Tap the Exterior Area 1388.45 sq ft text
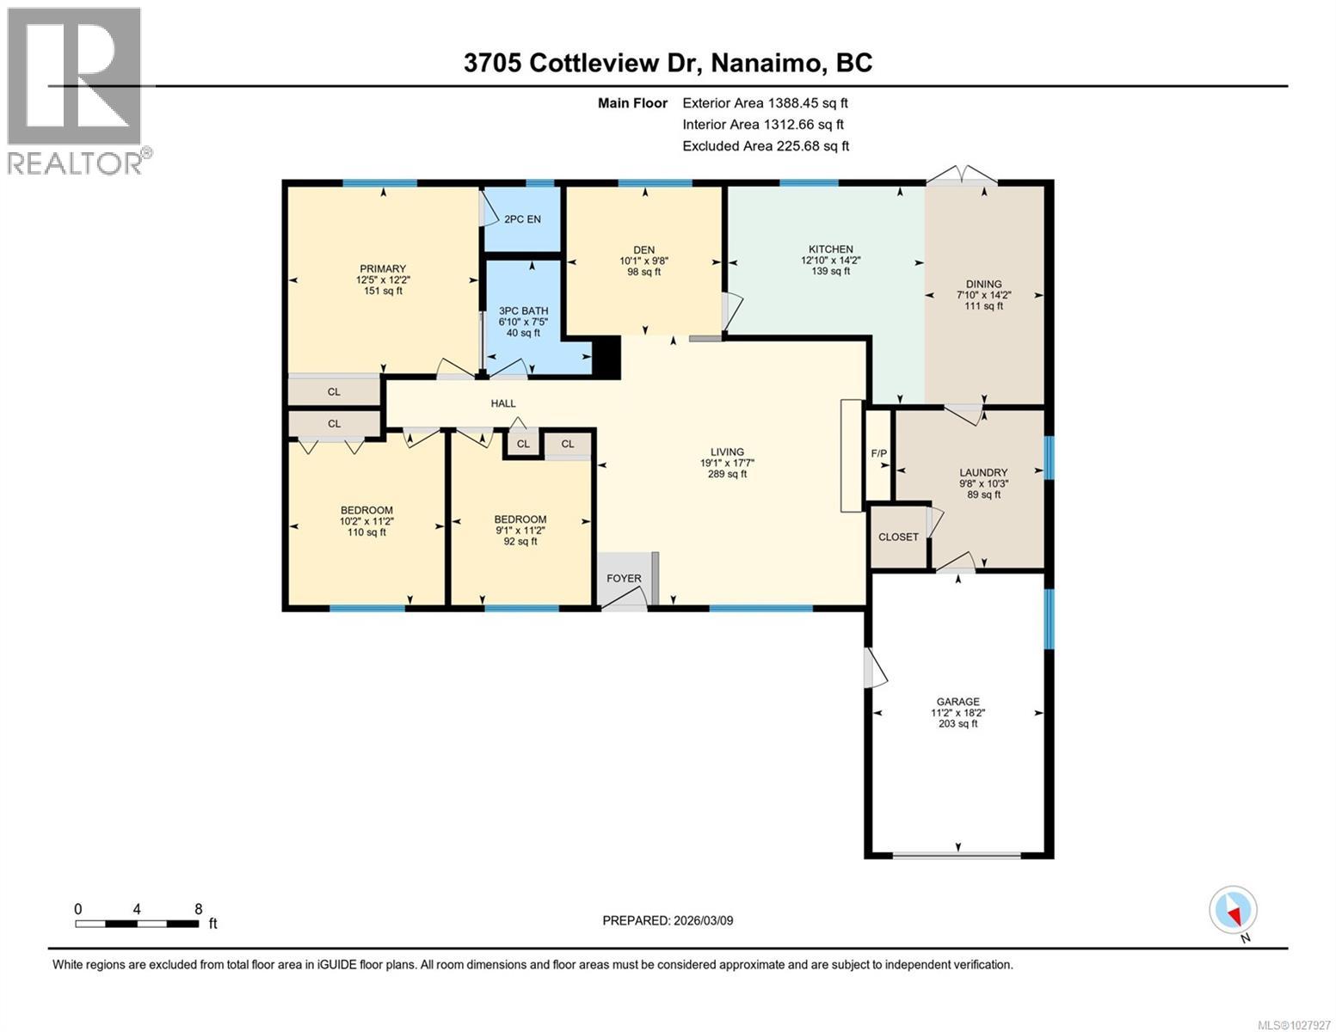[765, 103]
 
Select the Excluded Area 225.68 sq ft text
[765, 146]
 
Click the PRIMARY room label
[383, 269]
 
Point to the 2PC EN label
[522, 219]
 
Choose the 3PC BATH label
[523, 311]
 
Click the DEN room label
[643, 250]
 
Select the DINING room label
[983, 285]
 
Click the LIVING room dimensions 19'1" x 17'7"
[727, 463]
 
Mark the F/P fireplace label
[878, 453]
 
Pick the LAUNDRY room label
[983, 472]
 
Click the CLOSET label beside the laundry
[898, 537]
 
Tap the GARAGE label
[957, 702]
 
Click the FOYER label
[624, 578]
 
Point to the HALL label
[503, 403]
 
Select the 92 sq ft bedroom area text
[520, 542]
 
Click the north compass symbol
[1234, 911]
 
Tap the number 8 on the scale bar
[199, 909]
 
